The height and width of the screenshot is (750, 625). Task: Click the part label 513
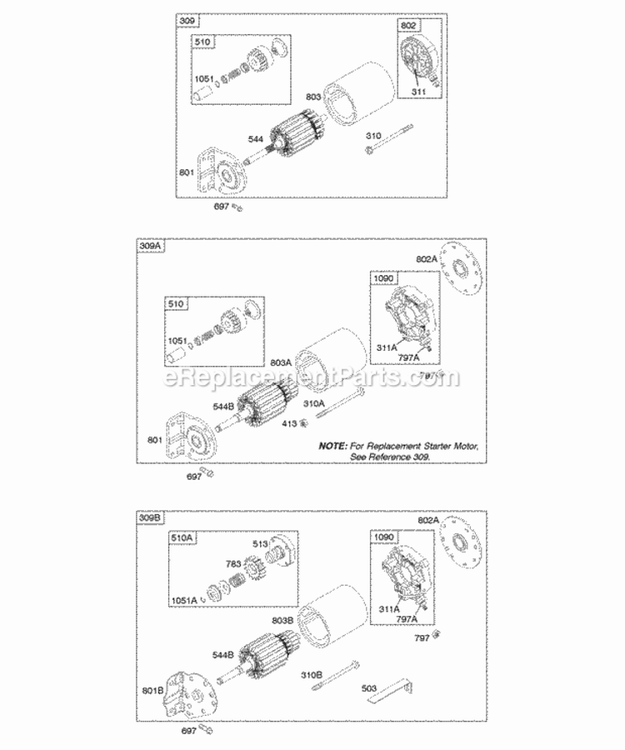point(259,545)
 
